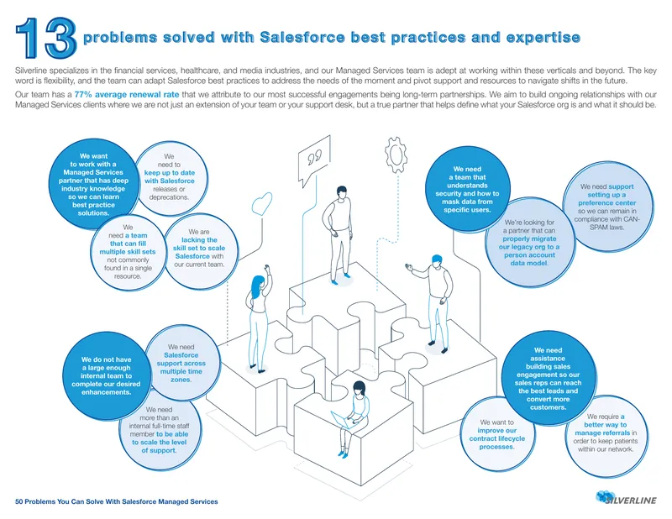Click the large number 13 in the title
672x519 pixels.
46,38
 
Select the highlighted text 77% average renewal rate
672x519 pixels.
127,94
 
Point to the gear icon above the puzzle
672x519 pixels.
396,154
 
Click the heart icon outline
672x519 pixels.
261,203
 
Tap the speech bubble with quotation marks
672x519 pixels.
314,160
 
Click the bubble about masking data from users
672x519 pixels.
467,189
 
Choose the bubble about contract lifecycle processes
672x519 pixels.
497,433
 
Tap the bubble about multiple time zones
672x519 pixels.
181,363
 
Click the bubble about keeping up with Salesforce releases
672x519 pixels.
170,177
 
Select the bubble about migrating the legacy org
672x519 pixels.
530,243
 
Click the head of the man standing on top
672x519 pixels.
341,192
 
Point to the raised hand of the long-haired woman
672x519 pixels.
268,269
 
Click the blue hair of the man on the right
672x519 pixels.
436,259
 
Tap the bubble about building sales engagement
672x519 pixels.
549,379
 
